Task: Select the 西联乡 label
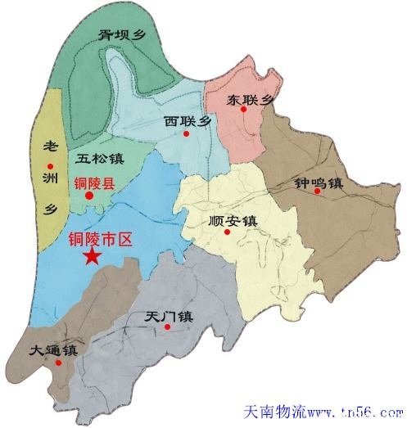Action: (188, 121)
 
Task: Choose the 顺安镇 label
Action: (233, 220)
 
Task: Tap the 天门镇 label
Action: (167, 316)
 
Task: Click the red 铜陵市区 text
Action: (98, 241)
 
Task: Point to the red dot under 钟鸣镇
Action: (316, 191)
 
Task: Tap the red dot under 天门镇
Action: (167, 327)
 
